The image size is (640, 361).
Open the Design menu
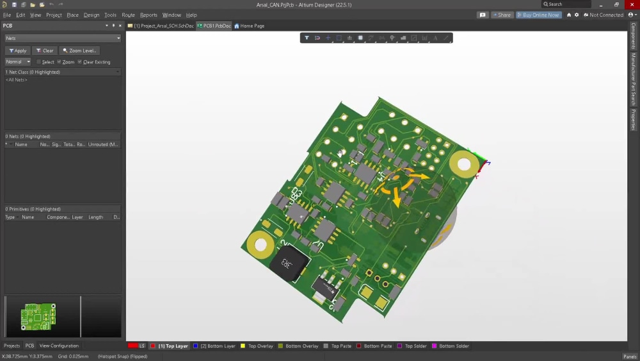[x=92, y=15]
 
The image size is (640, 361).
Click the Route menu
[x=128, y=15]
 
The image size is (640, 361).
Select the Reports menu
[x=148, y=15]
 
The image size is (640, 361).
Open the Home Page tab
[x=250, y=26]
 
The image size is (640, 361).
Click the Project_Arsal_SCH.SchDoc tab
[x=161, y=26]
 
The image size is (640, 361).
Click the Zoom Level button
[x=79, y=51]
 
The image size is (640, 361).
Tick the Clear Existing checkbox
[x=79, y=62]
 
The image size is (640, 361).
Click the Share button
[x=502, y=15]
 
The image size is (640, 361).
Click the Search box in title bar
[x=566, y=4]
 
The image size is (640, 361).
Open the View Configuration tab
[x=59, y=346]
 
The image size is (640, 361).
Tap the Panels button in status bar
[x=630, y=357]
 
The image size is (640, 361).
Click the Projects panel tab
[x=12, y=346]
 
